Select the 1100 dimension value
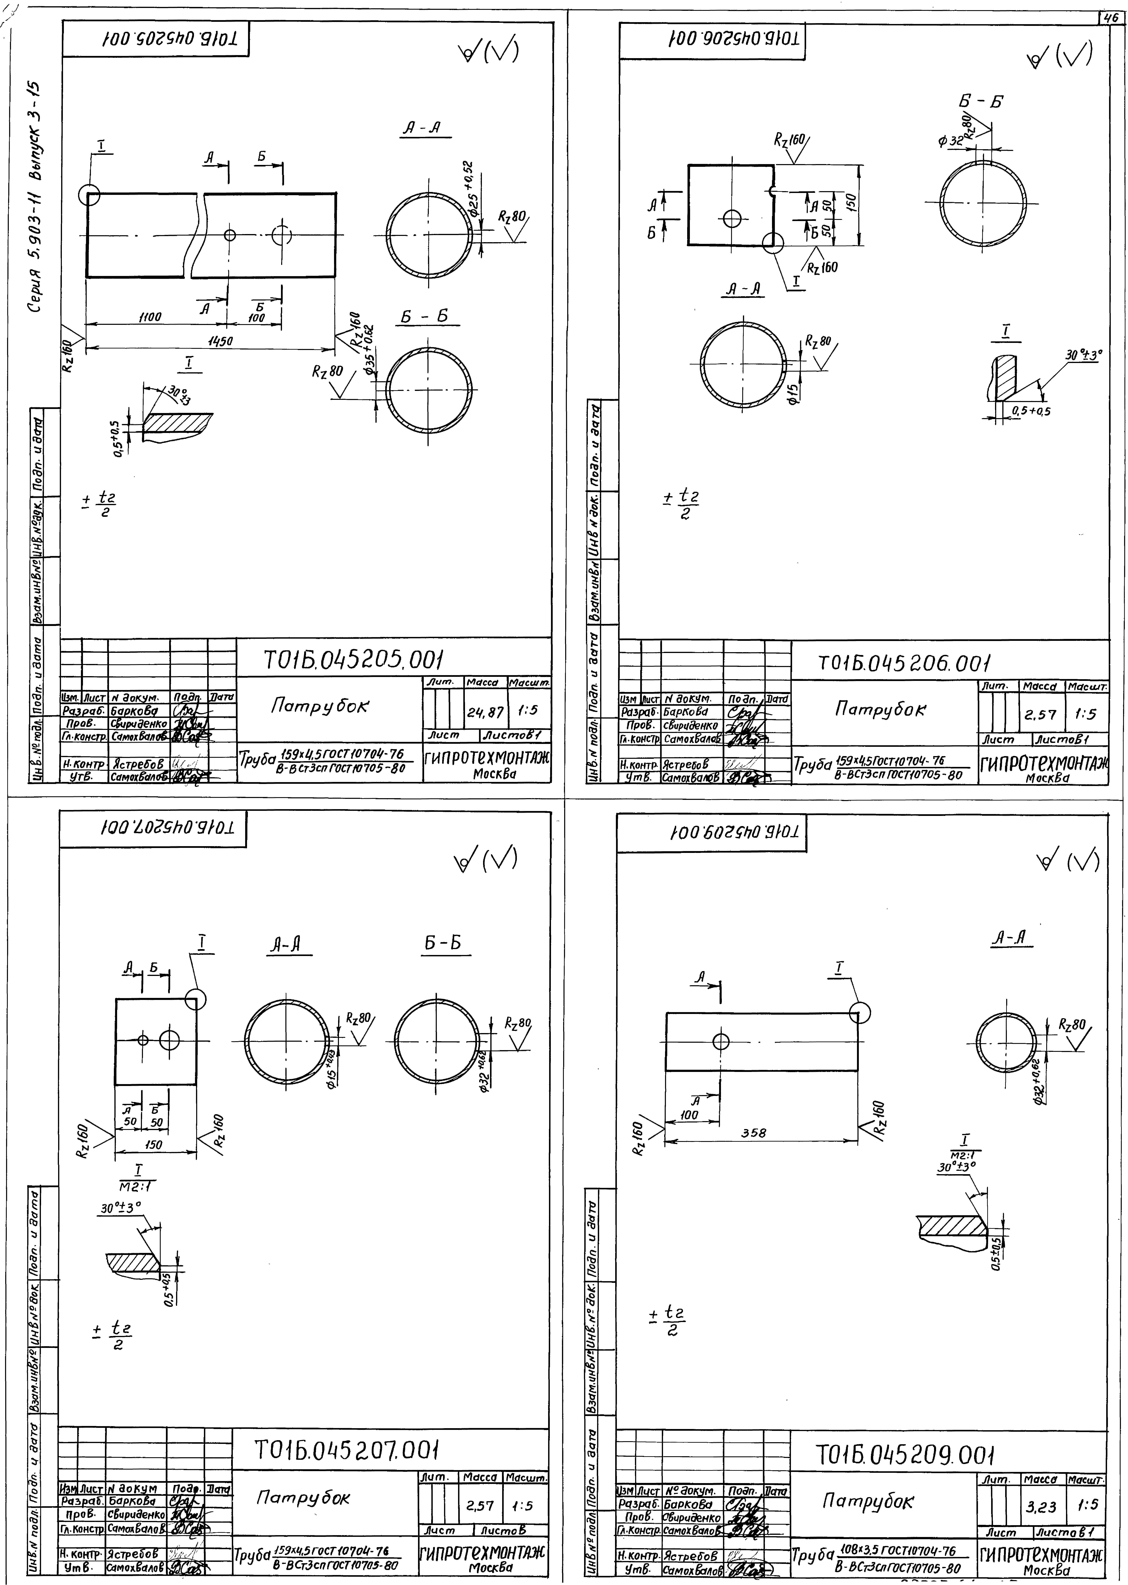(x=149, y=317)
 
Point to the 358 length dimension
(x=754, y=1133)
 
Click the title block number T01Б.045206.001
(x=903, y=664)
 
